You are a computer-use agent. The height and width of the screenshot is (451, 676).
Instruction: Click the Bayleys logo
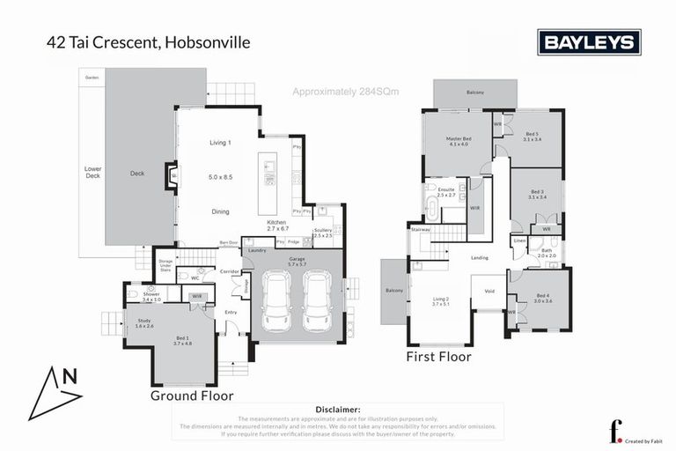(589, 41)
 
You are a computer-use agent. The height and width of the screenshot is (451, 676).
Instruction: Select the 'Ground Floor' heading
(193, 396)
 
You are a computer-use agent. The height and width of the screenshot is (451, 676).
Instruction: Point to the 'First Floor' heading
(438, 357)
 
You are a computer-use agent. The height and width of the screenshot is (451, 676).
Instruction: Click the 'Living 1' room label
(220, 143)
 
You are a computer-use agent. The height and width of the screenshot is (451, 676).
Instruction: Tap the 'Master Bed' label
(459, 140)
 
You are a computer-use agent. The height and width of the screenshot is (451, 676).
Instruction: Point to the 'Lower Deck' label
(92, 172)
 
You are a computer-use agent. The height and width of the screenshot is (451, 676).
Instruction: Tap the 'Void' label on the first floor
(489, 289)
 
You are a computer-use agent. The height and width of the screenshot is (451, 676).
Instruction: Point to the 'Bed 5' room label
(531, 134)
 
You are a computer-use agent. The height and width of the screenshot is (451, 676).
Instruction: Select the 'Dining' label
(220, 211)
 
